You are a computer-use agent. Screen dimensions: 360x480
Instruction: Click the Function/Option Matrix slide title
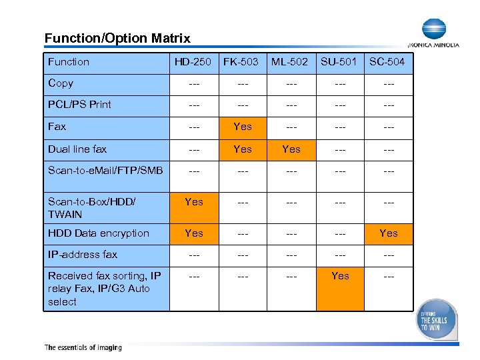click(x=117, y=39)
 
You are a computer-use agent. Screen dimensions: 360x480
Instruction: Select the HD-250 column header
click(x=193, y=62)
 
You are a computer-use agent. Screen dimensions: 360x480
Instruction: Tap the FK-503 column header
click(x=241, y=62)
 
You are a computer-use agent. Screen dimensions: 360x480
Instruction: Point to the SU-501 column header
click(x=339, y=62)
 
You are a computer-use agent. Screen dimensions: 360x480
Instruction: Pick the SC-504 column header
click(x=387, y=62)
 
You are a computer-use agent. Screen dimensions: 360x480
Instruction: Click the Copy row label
click(x=61, y=83)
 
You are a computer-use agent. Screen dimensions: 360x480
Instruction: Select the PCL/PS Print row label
click(x=79, y=105)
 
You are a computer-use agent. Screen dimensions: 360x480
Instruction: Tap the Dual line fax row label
click(x=77, y=149)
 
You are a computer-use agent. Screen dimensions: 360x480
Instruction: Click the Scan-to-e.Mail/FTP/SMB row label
click(x=105, y=171)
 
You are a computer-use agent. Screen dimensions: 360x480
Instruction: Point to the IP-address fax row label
click(x=83, y=255)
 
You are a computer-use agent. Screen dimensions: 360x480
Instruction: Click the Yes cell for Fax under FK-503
click(x=243, y=127)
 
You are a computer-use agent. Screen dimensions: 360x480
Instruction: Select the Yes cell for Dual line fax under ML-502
click(x=291, y=149)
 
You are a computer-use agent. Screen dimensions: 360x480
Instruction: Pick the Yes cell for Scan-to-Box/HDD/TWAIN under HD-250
click(x=194, y=201)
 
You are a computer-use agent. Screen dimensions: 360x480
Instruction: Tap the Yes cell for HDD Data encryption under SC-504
click(x=389, y=233)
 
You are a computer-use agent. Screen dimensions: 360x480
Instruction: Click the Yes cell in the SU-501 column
click(x=340, y=276)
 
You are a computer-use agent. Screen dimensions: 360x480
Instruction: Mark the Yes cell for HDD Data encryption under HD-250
click(x=194, y=233)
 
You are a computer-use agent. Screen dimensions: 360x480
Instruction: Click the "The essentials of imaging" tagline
click(x=83, y=347)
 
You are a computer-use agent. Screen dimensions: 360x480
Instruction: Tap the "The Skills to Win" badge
click(x=437, y=320)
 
